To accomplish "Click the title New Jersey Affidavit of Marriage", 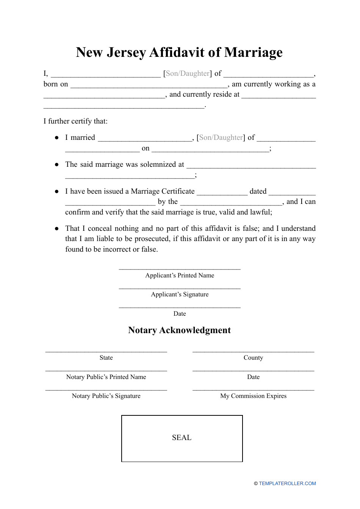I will point(179,52).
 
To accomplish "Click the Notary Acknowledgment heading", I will point(179,330).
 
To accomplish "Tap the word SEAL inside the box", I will point(182,438).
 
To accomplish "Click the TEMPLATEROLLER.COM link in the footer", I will point(287,483).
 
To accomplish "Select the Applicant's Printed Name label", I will point(180,276).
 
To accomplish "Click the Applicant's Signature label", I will point(180,294).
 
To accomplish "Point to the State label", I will point(106,358).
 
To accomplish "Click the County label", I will point(253,358).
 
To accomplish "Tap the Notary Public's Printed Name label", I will point(106,377).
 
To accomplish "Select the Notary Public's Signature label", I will point(106,396).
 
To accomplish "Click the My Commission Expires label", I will point(253,396).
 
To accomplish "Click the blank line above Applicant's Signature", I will point(180,288).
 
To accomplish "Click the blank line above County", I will point(253,351).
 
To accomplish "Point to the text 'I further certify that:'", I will point(75,121).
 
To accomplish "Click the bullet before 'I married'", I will point(57,138).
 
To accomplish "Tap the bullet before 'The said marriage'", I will point(57,164).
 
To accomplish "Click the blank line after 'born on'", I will point(149,86).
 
